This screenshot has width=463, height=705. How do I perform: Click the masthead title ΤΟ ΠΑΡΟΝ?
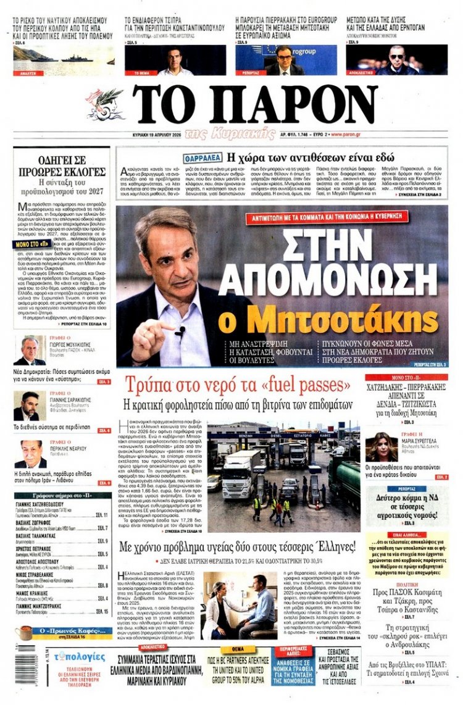(254, 104)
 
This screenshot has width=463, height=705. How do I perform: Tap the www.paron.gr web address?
(346, 135)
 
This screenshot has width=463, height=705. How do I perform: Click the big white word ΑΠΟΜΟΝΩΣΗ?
(337, 275)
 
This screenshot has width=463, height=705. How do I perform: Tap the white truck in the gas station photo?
(240, 472)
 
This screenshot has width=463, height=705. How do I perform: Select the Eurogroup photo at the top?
(285, 60)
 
